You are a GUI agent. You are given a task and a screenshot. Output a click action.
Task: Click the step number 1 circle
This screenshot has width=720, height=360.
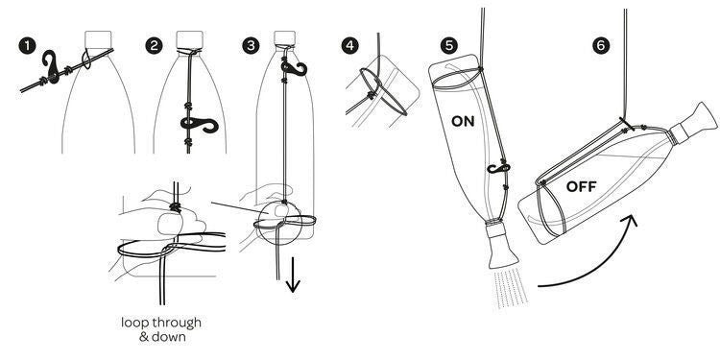point(28,46)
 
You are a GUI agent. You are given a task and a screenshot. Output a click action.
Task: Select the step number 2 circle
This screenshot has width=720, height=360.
point(155,46)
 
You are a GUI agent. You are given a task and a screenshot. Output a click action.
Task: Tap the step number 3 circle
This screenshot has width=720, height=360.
point(251,46)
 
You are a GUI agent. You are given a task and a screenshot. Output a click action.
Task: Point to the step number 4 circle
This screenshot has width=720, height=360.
point(349,46)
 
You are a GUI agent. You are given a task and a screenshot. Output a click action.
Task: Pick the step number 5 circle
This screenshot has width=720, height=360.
point(449,46)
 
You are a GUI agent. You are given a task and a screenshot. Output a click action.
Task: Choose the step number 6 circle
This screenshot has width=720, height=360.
point(602,46)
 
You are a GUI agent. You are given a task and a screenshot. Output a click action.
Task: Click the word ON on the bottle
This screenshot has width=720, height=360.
point(463,122)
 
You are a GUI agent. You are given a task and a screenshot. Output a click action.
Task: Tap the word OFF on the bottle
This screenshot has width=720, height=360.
point(582,187)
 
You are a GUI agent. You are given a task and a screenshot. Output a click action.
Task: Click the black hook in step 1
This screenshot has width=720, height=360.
point(52,67)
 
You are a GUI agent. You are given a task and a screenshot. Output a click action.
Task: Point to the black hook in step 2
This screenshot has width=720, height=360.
point(200,124)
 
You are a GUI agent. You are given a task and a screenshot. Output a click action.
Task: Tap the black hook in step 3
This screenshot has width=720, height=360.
point(294,68)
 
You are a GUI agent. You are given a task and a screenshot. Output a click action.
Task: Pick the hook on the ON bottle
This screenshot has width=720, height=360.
point(497,167)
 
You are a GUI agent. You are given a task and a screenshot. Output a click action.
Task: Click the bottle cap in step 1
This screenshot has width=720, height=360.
point(98,39)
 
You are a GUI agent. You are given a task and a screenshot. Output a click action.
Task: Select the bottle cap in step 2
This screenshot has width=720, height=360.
point(190,39)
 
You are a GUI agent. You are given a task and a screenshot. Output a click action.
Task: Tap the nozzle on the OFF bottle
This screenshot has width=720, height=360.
point(696,122)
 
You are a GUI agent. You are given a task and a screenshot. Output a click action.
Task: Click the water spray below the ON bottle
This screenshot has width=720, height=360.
point(511,288)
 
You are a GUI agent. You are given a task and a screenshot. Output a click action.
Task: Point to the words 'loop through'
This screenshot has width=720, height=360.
point(161,323)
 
